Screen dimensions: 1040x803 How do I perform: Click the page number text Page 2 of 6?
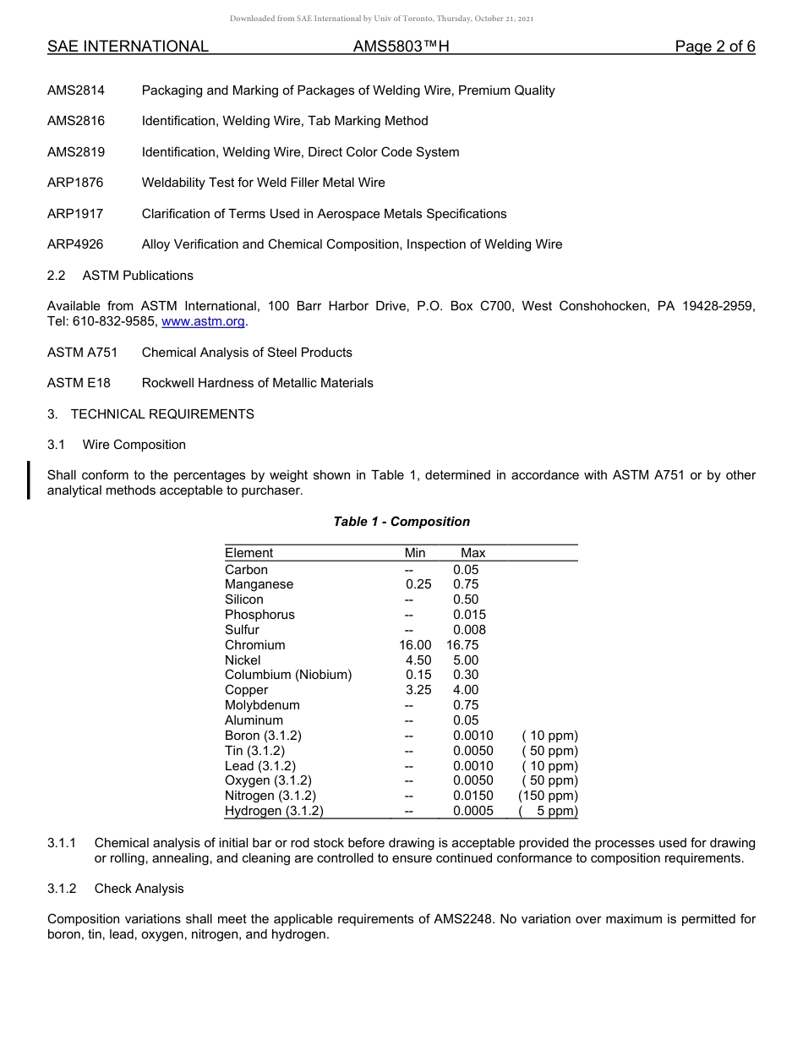click(714, 47)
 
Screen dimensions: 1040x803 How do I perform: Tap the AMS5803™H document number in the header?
click(401, 47)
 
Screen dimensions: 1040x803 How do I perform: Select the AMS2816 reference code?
click(76, 121)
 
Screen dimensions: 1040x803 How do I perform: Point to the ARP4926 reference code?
click(75, 244)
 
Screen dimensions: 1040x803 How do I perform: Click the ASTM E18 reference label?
click(79, 383)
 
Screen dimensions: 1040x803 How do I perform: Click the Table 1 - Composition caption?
click(401, 522)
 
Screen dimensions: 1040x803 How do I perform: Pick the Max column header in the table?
click(473, 553)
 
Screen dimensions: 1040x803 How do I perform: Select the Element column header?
click(249, 553)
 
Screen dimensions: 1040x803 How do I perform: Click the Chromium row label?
click(254, 645)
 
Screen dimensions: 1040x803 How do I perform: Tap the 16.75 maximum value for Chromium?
click(462, 645)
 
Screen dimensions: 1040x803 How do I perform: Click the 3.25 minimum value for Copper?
click(418, 690)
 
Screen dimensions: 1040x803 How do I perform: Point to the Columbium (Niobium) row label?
click(287, 675)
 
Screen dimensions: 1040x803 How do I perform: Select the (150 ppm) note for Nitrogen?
click(548, 796)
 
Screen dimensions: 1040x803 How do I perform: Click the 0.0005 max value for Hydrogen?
click(473, 811)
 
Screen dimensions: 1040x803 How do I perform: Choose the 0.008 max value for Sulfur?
click(469, 630)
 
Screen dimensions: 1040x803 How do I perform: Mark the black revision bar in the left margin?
click(30, 480)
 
